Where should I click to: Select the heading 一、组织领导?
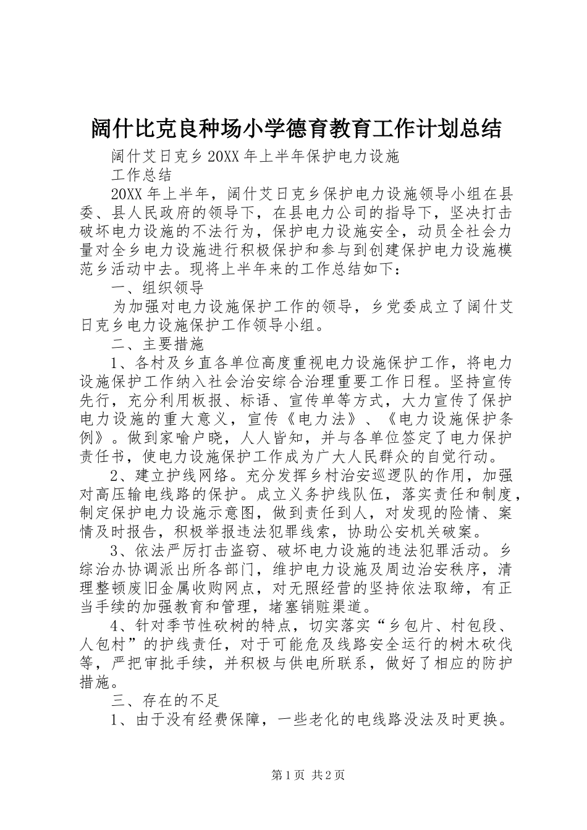pos(157,288)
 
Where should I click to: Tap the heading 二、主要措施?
pos(157,343)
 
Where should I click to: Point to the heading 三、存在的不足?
pos(164,700)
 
